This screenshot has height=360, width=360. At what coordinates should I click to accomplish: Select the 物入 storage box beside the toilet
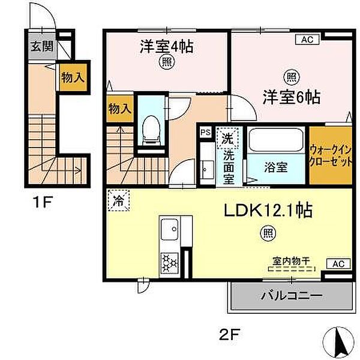(x=119, y=109)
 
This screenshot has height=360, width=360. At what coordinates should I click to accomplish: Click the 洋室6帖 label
(x=290, y=96)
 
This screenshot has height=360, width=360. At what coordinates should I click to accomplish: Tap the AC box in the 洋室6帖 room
(x=307, y=40)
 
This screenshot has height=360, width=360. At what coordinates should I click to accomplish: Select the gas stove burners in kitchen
(x=169, y=261)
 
